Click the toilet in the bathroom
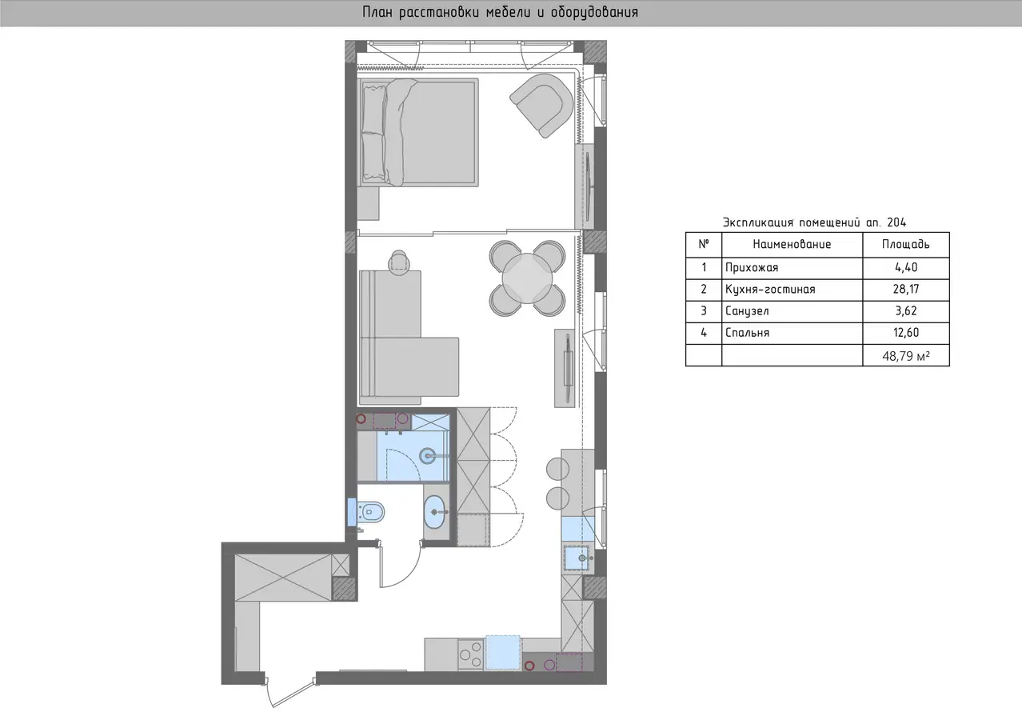(x=370, y=512)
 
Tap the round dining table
(x=527, y=278)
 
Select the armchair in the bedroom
(x=542, y=105)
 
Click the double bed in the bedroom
(x=418, y=133)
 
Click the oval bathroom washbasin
(x=434, y=512)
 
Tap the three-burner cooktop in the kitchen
(x=471, y=654)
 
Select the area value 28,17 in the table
(x=906, y=289)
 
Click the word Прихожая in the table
(x=752, y=267)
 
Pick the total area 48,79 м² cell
(x=906, y=356)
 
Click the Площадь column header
(x=906, y=244)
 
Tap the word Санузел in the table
(x=747, y=311)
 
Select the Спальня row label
(x=748, y=332)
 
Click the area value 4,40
(x=906, y=267)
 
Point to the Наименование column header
(x=792, y=244)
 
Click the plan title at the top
(x=500, y=12)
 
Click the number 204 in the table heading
(x=896, y=222)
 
